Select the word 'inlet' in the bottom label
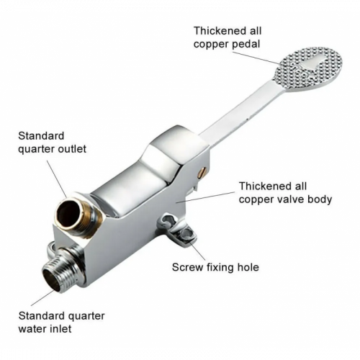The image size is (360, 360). pyautogui.click(x=61, y=329)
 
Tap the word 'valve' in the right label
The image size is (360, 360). pyautogui.click(x=287, y=199)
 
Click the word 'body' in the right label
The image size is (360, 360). pyautogui.click(x=320, y=199)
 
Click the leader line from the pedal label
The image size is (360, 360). pyautogui.click(x=256, y=58)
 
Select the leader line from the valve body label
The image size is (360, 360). pyautogui.click(x=205, y=197)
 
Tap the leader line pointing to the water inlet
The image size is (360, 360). pyautogui.click(x=42, y=297)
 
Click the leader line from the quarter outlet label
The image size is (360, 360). pyautogui.click(x=57, y=179)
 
